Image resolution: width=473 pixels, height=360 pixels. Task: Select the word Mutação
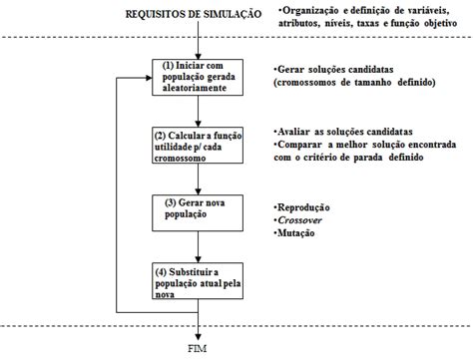coord(298,232)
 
